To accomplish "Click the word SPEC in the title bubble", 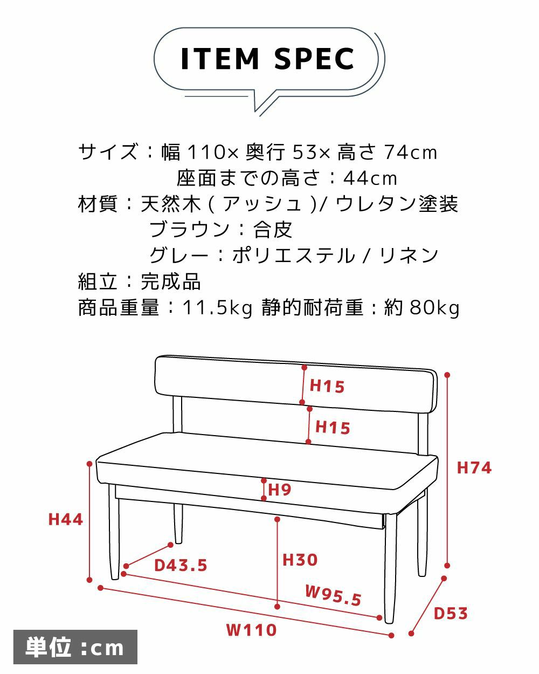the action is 314,59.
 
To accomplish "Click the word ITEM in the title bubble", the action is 220,59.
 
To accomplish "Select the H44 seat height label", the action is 65,519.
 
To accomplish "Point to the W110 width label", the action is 252,630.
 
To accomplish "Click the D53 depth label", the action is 451,613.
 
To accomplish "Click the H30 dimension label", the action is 300,560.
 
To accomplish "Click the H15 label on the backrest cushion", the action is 327,386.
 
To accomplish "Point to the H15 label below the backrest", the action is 333,428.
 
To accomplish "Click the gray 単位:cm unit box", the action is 75,647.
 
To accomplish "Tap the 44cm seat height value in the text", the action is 370,178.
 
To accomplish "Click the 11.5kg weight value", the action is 217,307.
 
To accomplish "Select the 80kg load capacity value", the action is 434,307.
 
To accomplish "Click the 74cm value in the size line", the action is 410,153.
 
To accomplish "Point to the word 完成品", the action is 170,281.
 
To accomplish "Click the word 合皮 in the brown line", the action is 273,230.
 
